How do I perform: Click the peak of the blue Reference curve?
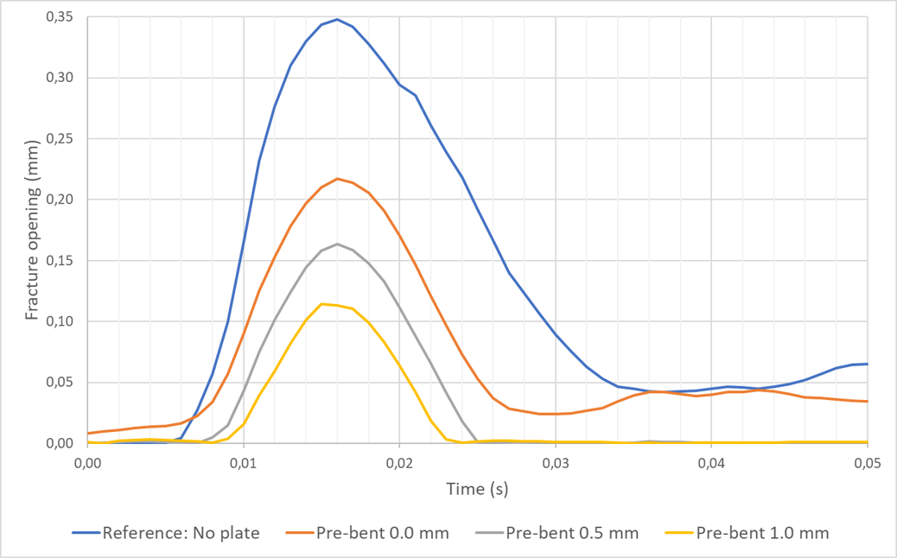click(x=337, y=19)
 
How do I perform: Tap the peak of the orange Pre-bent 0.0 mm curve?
click(x=337, y=179)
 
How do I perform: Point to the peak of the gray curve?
click(x=337, y=244)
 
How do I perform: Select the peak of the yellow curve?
click(x=321, y=304)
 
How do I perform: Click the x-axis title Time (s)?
click(x=477, y=489)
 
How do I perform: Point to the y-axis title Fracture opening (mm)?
click(x=32, y=230)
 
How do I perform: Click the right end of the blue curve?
click(x=867, y=364)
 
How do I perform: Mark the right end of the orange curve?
click(x=867, y=401)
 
